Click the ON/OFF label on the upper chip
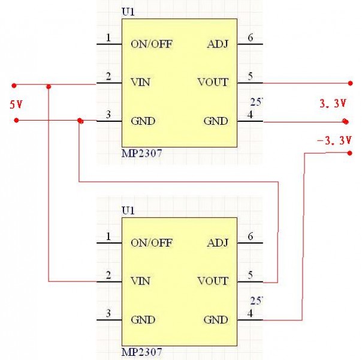click(x=152, y=44)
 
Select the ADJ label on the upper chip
click(x=216, y=44)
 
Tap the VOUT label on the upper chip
click(x=213, y=82)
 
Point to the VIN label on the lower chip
click(x=140, y=281)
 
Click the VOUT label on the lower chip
click(x=213, y=281)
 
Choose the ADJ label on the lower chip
click(x=216, y=242)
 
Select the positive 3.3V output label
click(x=333, y=104)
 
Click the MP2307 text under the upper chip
click(x=141, y=154)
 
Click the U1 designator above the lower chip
click(x=128, y=211)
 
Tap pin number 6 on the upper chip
click(x=251, y=37)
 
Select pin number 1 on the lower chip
click(x=108, y=236)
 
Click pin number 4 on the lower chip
click(x=251, y=313)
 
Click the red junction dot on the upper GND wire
click(x=80, y=121)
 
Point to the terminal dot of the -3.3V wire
click(x=350, y=153)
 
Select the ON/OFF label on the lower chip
click(x=152, y=242)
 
